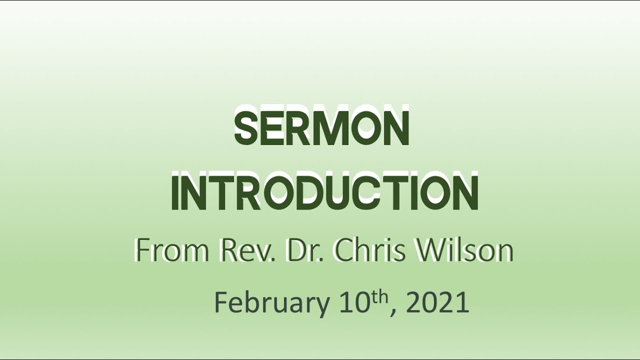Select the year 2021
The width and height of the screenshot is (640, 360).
[x=437, y=302]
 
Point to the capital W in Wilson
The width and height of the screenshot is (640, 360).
[x=429, y=251]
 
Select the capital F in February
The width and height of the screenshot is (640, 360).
[x=220, y=302]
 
